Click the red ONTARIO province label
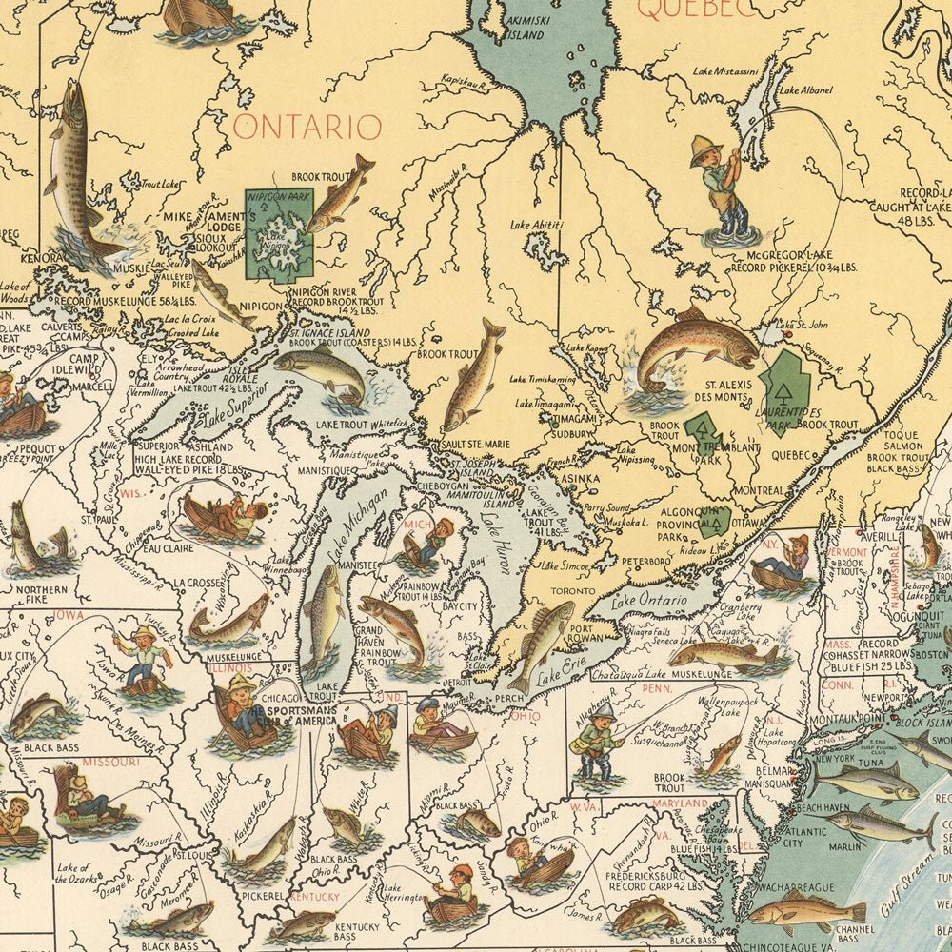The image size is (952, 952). [307, 127]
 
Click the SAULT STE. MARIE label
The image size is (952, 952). [475, 445]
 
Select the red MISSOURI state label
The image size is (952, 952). [110, 763]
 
